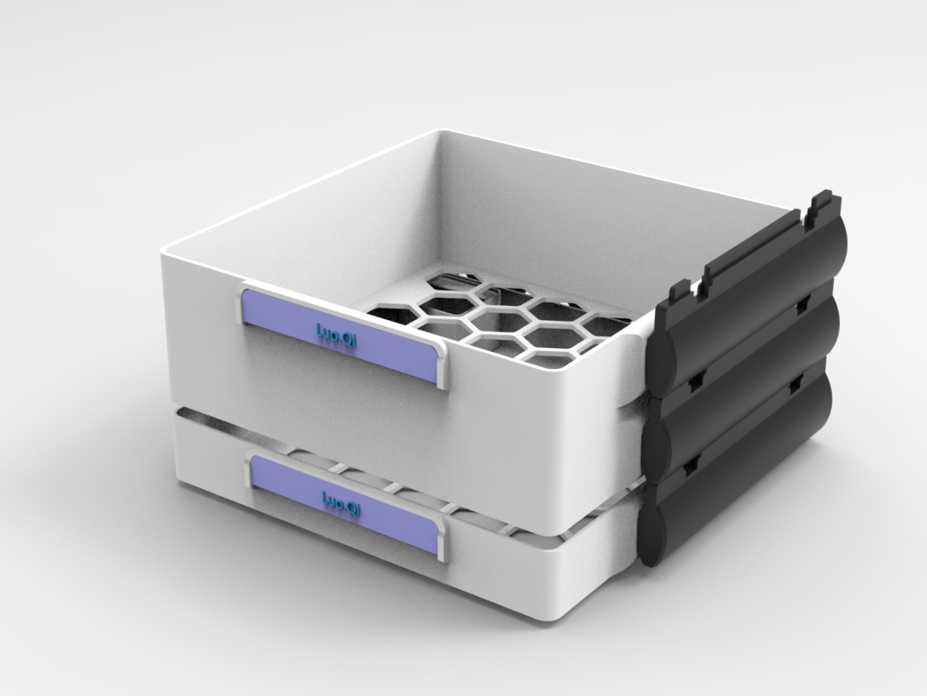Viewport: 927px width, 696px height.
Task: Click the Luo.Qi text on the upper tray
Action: (x=337, y=335)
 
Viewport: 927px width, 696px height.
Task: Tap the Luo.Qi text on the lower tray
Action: (x=341, y=504)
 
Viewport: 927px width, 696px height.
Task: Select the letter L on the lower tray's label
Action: (x=326, y=497)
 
